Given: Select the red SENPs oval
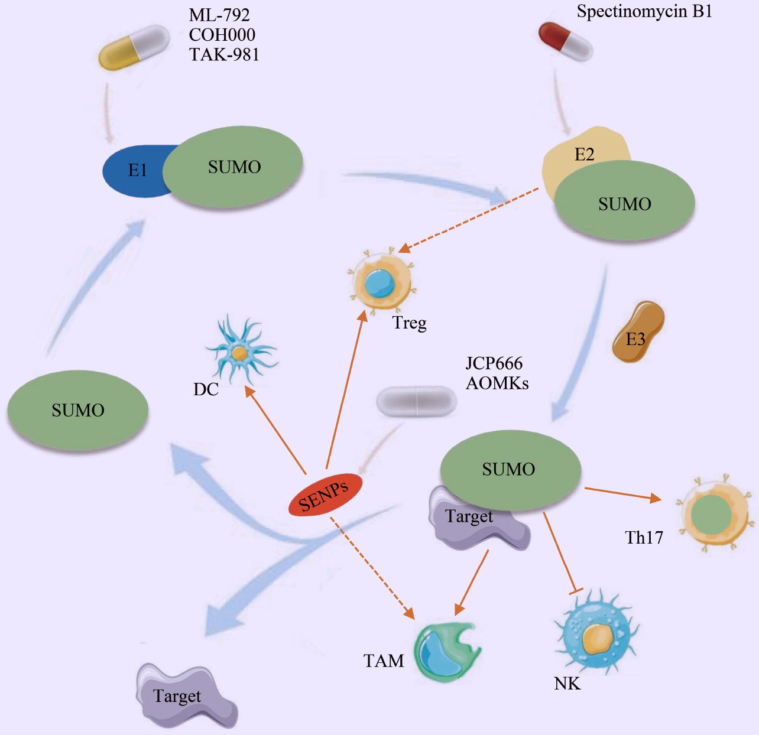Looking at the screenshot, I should [x=325, y=495].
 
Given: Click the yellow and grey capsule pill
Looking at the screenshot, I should [x=134, y=47].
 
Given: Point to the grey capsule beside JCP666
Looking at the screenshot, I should [x=417, y=401].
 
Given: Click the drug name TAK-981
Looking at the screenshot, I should [x=224, y=54].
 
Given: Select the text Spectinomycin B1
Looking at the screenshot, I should [x=644, y=11].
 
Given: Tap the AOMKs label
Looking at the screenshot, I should [x=497, y=383].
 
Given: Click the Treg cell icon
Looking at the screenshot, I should [x=380, y=282].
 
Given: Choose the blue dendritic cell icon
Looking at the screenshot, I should [x=239, y=352].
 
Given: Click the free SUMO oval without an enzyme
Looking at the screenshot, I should [x=77, y=410].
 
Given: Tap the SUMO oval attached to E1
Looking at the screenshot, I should [x=234, y=167].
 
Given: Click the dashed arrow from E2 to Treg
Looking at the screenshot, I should [x=470, y=219].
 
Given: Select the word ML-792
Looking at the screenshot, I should [x=219, y=15].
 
